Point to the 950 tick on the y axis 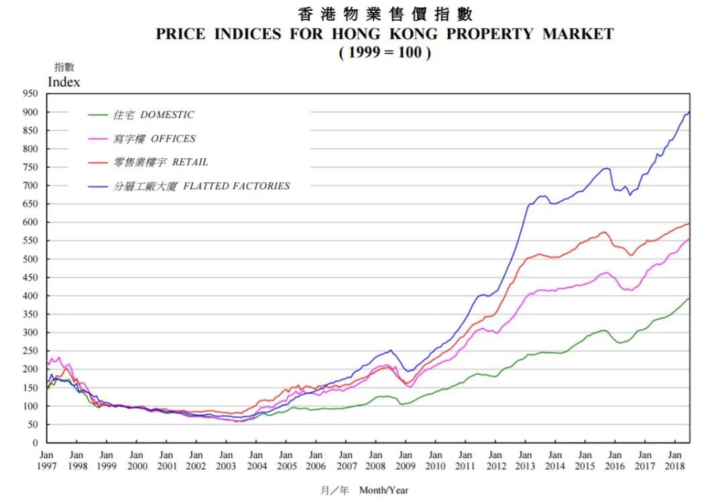coord(32,94)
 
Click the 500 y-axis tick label coord(32,259)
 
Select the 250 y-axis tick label coord(32,351)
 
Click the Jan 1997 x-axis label coord(46,460)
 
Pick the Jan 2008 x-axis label coord(376,460)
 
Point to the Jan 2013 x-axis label coord(526,460)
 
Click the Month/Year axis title coord(383,490)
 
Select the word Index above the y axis coord(64,82)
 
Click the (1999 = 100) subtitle coord(384,52)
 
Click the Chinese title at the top coord(385,13)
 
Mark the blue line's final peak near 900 coord(688,113)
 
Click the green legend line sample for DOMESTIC coord(98,115)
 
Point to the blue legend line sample coord(98,186)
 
